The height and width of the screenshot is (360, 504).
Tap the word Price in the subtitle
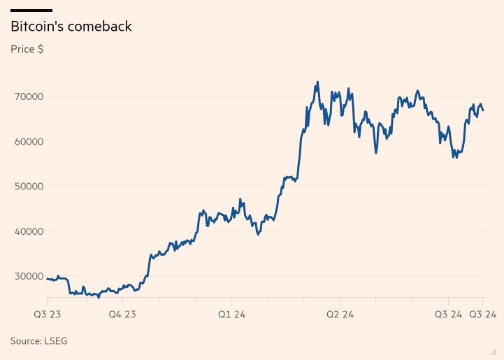tap(23, 50)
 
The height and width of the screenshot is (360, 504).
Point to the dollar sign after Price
tap(41, 50)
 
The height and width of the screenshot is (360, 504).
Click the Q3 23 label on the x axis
tap(47, 315)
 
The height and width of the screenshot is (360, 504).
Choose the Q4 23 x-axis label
tap(122, 315)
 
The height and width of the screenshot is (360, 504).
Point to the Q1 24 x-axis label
tap(231, 315)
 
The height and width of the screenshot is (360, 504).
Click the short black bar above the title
tap(31, 10)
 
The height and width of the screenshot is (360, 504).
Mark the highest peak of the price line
tap(317, 82)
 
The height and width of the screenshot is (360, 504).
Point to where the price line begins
tap(47, 279)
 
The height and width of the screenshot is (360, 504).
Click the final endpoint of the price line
tap(484, 110)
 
